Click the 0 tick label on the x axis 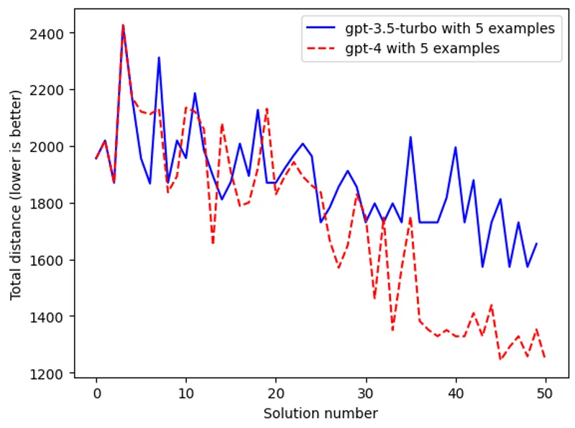click(x=96, y=394)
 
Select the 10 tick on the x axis click(x=186, y=394)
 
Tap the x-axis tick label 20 click(x=276, y=394)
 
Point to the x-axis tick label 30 click(x=366, y=394)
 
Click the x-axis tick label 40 click(x=456, y=394)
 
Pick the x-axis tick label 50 click(x=546, y=394)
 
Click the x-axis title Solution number click(x=321, y=414)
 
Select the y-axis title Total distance click(x=15, y=204)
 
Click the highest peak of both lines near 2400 click(x=123, y=25)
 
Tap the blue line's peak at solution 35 click(x=410, y=137)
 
